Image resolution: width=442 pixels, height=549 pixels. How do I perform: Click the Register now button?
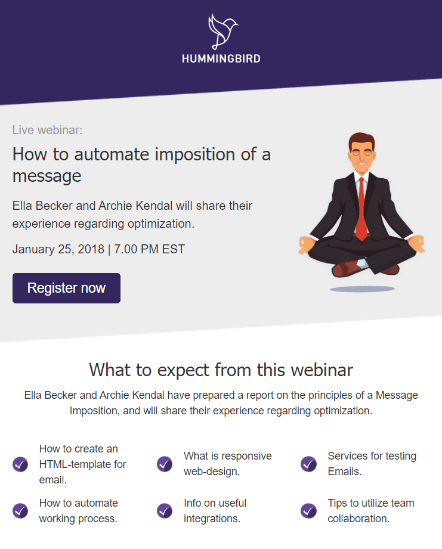pyautogui.click(x=66, y=288)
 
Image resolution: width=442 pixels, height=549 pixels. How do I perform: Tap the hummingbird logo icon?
pyautogui.click(x=221, y=31)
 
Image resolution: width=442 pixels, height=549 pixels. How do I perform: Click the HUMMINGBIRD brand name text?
pyautogui.click(x=221, y=58)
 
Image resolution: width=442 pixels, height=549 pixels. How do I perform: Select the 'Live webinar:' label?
pyautogui.click(x=47, y=129)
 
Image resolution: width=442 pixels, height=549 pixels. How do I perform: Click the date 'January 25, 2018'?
pyautogui.click(x=58, y=249)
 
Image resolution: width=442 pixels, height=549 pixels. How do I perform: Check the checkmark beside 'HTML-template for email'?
pyautogui.click(x=20, y=464)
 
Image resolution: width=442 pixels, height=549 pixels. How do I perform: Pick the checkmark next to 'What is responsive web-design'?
pyautogui.click(x=165, y=464)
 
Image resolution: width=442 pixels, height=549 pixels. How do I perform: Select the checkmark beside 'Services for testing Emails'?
pyautogui.click(x=308, y=464)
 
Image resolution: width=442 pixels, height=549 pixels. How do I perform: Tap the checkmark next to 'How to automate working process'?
pyautogui.click(x=20, y=511)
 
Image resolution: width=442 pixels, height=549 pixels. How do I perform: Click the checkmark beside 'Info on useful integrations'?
pyautogui.click(x=165, y=511)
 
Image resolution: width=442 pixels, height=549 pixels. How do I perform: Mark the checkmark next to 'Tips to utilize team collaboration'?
pyautogui.click(x=308, y=511)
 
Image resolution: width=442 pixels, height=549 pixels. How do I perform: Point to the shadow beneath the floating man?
pyautogui.click(x=362, y=289)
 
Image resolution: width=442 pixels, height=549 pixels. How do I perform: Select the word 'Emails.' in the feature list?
pyautogui.click(x=344, y=472)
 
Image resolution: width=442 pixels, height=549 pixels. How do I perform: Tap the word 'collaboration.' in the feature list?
pyautogui.click(x=358, y=519)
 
